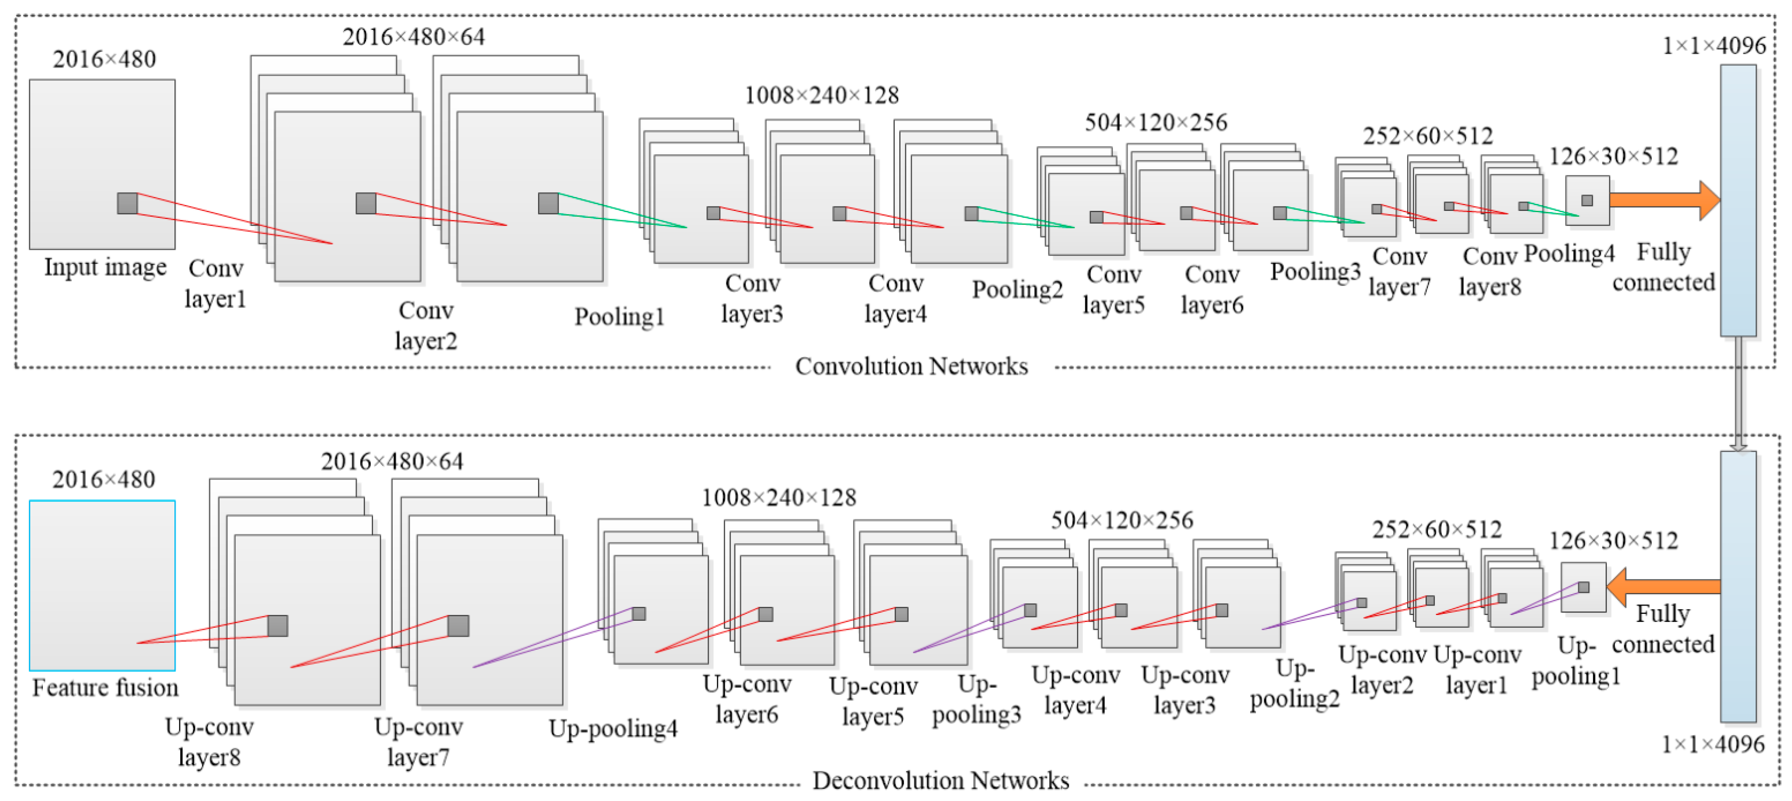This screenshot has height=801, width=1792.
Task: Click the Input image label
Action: click(105, 267)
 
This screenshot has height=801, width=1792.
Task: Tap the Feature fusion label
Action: click(105, 687)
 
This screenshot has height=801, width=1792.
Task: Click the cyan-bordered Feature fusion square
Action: click(102, 584)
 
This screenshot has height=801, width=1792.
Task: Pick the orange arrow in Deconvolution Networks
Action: click(1662, 587)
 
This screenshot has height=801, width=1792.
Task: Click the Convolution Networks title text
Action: click(911, 366)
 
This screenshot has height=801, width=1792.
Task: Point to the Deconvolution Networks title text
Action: click(941, 780)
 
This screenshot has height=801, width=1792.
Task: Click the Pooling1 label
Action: click(619, 317)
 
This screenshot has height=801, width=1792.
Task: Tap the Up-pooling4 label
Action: click(613, 729)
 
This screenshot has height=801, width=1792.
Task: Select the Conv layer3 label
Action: click(752, 299)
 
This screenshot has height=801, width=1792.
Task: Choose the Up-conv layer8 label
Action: click(209, 742)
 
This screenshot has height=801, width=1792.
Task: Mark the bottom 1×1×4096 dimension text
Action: click(1713, 744)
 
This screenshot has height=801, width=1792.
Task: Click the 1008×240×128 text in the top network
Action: click(822, 95)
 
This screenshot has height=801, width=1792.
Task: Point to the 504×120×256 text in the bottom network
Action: click(1122, 520)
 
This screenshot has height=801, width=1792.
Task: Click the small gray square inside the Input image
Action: click(127, 203)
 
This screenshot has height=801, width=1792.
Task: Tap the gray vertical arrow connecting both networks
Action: click(1738, 393)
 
